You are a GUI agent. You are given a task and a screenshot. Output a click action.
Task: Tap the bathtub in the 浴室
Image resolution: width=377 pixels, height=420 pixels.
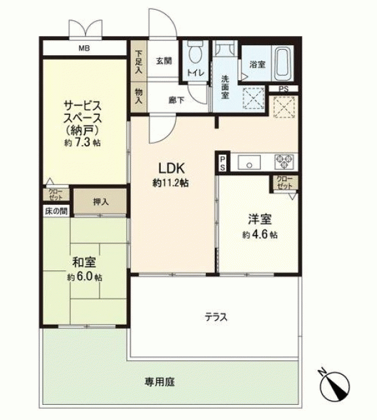coord(283,63)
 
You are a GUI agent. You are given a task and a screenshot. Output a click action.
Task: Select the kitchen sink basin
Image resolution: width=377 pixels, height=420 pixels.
coord(249,162)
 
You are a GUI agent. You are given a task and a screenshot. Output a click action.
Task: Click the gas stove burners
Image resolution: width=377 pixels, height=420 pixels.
coord(285,162)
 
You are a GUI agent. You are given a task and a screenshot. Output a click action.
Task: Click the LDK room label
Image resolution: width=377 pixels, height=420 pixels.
coord(172,169)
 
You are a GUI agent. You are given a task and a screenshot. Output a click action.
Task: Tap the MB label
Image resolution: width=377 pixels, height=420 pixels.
coord(84,49)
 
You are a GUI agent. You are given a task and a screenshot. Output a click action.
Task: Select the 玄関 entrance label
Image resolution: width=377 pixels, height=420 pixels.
coord(164,61)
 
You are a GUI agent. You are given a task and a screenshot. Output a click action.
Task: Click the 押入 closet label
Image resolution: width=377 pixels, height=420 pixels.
coord(101,201)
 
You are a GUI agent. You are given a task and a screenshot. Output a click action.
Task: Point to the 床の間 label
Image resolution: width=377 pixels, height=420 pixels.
coord(56,211)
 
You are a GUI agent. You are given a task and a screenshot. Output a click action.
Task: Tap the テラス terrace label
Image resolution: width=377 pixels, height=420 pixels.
coord(216,317)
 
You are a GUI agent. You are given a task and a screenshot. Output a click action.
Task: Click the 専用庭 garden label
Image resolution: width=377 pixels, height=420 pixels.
coord(160,382)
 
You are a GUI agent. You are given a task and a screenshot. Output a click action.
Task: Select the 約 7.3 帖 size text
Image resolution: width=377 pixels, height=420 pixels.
coord(83,142)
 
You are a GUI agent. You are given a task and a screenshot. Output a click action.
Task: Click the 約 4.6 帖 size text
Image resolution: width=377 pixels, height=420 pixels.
coord(260,235)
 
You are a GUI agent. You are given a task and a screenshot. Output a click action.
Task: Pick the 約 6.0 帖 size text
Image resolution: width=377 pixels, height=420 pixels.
coord(85,277)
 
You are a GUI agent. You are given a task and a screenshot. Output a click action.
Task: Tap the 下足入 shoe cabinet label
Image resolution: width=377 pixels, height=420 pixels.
coord(138,62)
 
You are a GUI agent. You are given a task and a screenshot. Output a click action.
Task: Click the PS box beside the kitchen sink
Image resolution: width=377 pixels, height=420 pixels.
coord(223,163)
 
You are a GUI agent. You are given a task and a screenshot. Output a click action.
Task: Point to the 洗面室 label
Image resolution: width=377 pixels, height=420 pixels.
coord(225,87)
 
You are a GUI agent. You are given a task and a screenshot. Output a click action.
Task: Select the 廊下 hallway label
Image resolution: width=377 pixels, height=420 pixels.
coord(176,100)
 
